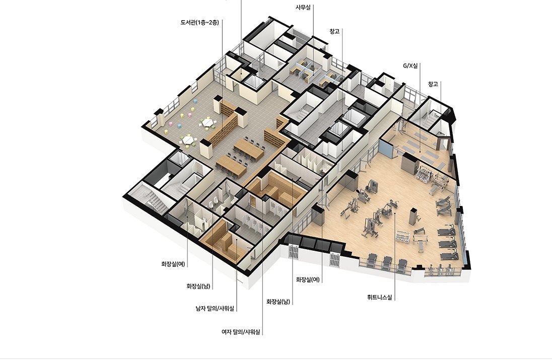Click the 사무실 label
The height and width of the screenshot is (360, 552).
(303, 7)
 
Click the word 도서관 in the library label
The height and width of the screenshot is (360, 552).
(188, 23)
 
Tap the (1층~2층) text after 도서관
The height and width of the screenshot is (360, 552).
(208, 23)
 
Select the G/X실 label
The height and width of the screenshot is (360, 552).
(410, 65)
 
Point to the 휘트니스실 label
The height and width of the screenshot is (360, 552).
(380, 298)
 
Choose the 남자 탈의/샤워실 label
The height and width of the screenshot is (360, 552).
(215, 309)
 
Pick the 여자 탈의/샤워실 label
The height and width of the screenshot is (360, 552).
(241, 332)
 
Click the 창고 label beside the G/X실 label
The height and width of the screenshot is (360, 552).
(433, 84)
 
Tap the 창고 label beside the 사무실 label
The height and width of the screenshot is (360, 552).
(334, 31)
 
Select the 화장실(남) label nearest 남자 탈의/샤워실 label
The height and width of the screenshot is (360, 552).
(198, 286)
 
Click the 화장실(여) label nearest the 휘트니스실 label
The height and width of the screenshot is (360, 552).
(308, 280)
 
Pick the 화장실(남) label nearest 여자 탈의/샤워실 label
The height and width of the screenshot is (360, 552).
(278, 302)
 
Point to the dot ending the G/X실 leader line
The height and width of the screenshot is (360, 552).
(420, 152)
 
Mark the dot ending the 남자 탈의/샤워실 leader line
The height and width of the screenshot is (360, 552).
(237, 239)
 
